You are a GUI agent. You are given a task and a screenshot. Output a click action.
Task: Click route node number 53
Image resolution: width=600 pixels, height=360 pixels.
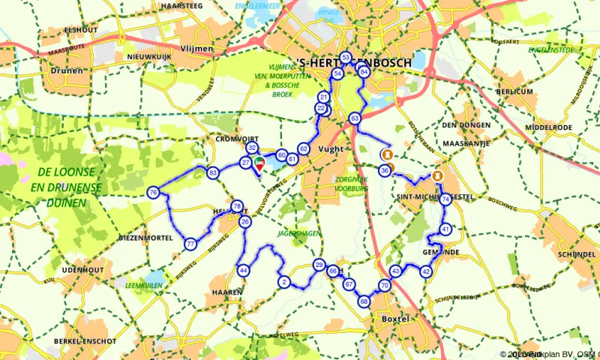(346, 58)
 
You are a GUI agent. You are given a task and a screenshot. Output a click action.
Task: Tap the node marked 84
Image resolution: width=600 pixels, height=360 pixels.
(364, 72)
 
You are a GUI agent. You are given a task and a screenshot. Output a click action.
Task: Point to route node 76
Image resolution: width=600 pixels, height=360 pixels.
(153, 193)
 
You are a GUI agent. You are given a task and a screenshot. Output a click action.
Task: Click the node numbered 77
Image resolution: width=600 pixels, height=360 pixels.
(190, 244)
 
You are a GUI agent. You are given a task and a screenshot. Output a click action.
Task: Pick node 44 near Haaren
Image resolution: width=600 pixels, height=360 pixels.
(243, 270)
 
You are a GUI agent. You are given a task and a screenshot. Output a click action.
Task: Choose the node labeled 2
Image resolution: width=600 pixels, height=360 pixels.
(283, 282)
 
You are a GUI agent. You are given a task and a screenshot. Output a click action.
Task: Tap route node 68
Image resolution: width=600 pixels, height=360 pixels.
(364, 301)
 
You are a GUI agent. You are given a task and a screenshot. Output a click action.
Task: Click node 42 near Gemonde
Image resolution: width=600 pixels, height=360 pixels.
(426, 271)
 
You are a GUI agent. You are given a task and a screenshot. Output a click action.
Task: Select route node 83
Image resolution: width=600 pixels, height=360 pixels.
(213, 173)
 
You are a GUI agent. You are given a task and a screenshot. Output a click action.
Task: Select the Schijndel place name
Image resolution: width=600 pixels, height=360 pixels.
(576, 253)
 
